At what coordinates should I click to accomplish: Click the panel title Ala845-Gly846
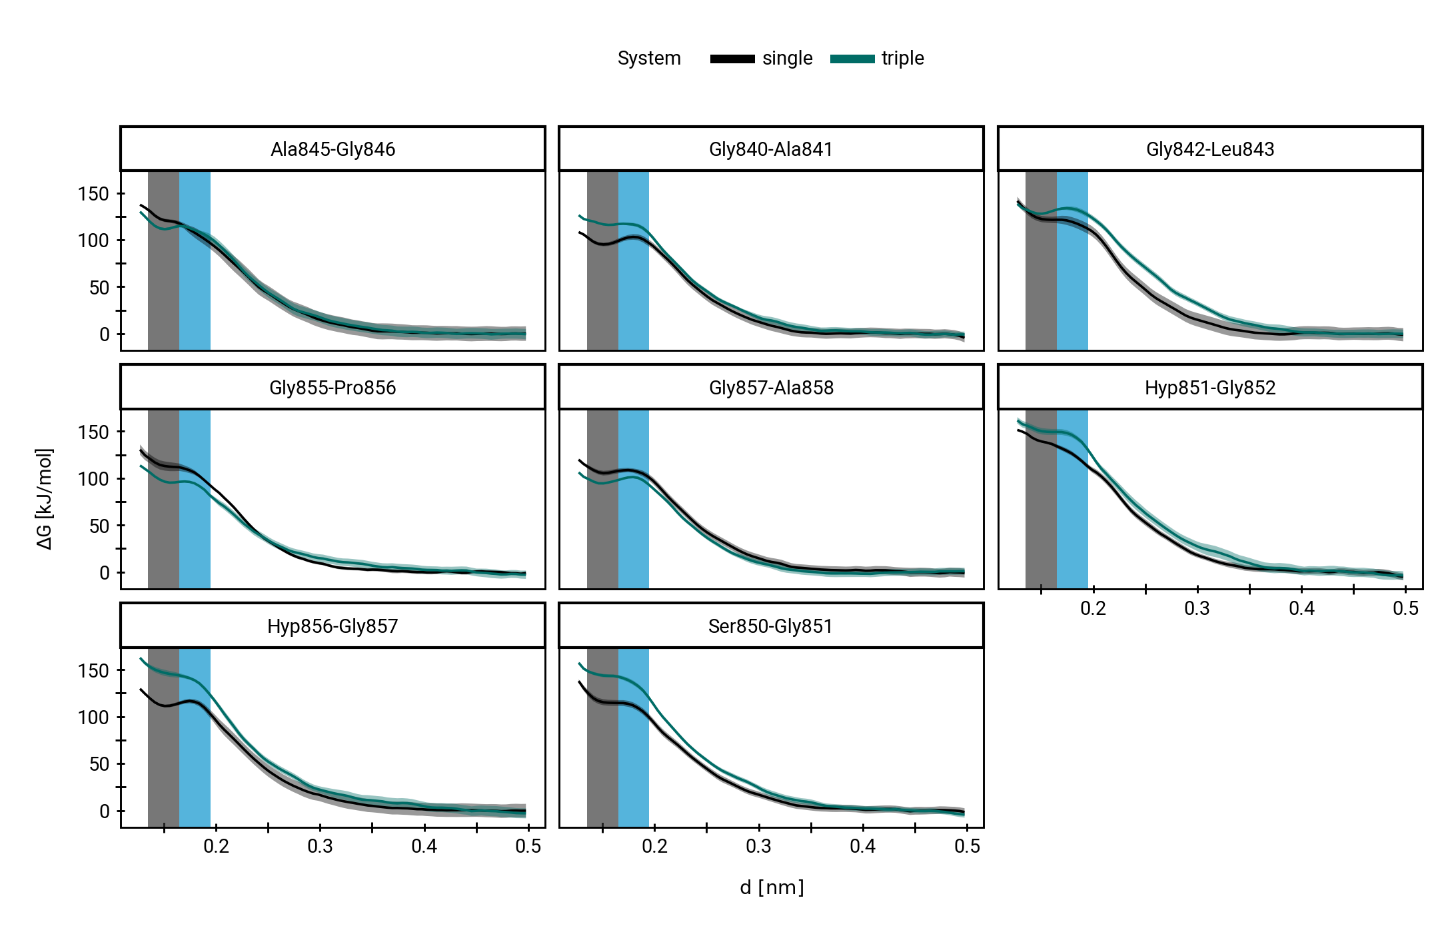pos(333,149)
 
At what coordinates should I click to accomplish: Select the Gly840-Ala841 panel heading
pos(771,149)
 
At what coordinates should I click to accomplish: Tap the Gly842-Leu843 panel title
pos(1210,149)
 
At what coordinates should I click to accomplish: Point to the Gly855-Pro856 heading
pos(333,388)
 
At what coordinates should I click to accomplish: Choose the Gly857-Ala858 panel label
pos(771,388)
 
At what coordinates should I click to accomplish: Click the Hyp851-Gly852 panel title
pos(1210,388)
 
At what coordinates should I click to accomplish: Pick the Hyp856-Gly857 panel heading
pos(333,626)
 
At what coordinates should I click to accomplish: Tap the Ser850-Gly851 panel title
pos(771,626)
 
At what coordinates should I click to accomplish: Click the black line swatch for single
pos(732,59)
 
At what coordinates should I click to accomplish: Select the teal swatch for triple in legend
pos(852,59)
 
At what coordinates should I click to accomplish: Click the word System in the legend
pos(649,59)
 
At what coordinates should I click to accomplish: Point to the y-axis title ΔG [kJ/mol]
pos(45,499)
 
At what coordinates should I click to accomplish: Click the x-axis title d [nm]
pos(772,887)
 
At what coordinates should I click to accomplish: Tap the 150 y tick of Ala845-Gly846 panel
pos(93,194)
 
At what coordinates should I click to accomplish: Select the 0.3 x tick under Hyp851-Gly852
pos(1197,608)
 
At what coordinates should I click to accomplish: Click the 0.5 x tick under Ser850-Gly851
pos(967,847)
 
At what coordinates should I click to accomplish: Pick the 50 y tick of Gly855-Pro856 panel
pos(99,526)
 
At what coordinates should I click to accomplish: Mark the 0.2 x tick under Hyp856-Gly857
pos(216,847)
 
